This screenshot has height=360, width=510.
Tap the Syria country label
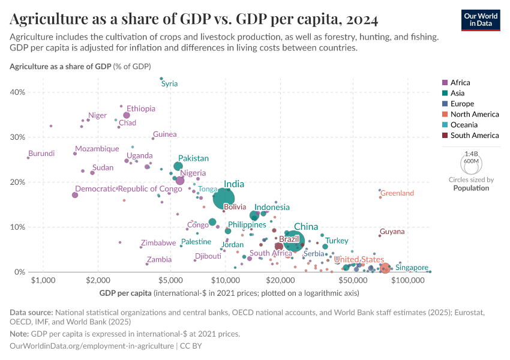point(170,84)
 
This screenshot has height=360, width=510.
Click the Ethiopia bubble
point(127,115)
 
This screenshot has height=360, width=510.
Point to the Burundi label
point(41,154)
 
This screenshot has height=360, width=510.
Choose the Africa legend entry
point(460,83)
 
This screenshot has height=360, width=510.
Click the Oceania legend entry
point(464,125)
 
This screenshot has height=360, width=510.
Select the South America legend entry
point(474,136)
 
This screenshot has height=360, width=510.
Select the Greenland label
point(397,193)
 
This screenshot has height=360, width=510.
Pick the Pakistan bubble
point(178,166)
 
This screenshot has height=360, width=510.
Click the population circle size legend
point(471,162)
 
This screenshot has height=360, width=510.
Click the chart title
point(194,19)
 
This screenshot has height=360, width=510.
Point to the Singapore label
point(412,268)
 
